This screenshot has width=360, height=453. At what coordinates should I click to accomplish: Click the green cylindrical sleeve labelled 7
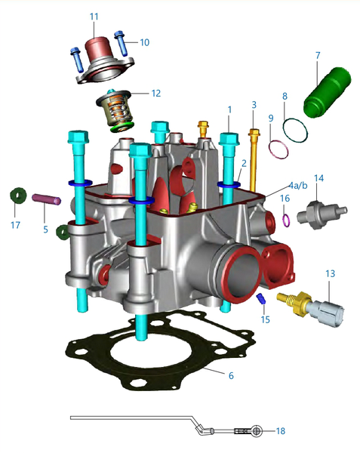[x=327, y=92]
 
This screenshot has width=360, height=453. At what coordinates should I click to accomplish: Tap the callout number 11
[x=94, y=17]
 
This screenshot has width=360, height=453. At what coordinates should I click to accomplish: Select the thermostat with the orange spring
[x=115, y=109]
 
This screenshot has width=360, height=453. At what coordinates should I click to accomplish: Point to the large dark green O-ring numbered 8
[x=295, y=131]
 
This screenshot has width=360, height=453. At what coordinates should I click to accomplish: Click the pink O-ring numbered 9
[x=278, y=149]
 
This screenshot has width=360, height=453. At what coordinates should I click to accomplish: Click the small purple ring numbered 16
[x=286, y=220]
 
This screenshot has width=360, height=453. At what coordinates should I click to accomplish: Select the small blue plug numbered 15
[x=261, y=298]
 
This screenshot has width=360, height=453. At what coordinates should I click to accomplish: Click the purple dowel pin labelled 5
[x=47, y=199]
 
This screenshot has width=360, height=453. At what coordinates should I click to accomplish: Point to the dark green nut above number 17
[x=18, y=196]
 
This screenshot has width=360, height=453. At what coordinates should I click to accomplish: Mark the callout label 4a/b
[x=299, y=186]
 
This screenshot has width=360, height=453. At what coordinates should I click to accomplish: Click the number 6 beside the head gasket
[x=231, y=375]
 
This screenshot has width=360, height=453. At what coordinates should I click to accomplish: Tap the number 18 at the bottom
[x=281, y=431]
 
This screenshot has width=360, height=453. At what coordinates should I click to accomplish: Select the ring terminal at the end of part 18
[x=256, y=431]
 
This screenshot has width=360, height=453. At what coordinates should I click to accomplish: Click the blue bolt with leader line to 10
[x=122, y=43]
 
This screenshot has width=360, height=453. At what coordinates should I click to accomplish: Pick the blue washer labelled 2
[x=229, y=184]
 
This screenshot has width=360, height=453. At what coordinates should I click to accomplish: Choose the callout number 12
[x=156, y=94]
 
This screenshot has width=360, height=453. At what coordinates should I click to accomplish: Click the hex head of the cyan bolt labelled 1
[x=229, y=139]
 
